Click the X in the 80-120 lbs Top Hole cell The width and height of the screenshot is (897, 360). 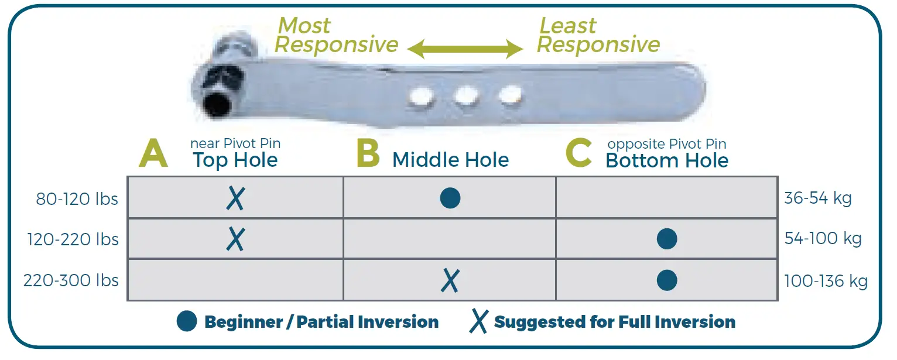(235, 199)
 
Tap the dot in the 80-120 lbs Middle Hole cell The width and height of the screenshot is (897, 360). (450, 198)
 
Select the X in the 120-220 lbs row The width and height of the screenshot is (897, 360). (235, 239)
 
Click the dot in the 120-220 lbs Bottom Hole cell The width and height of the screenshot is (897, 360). (667, 239)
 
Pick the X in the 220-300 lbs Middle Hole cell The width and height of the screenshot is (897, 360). (450, 280)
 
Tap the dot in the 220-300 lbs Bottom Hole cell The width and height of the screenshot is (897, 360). (667, 280)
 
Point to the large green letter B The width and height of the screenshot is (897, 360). (368, 155)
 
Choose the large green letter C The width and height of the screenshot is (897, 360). (578, 155)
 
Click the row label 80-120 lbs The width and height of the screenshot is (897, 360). (77, 199)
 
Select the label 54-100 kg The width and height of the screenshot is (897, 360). (823, 239)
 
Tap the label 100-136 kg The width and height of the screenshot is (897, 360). (826, 281)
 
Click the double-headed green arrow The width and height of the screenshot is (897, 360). (465, 49)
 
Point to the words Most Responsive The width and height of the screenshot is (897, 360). (337, 35)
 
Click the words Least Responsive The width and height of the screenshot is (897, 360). (598, 35)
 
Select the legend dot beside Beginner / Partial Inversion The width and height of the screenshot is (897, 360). (187, 321)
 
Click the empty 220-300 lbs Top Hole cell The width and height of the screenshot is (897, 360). (235, 280)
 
